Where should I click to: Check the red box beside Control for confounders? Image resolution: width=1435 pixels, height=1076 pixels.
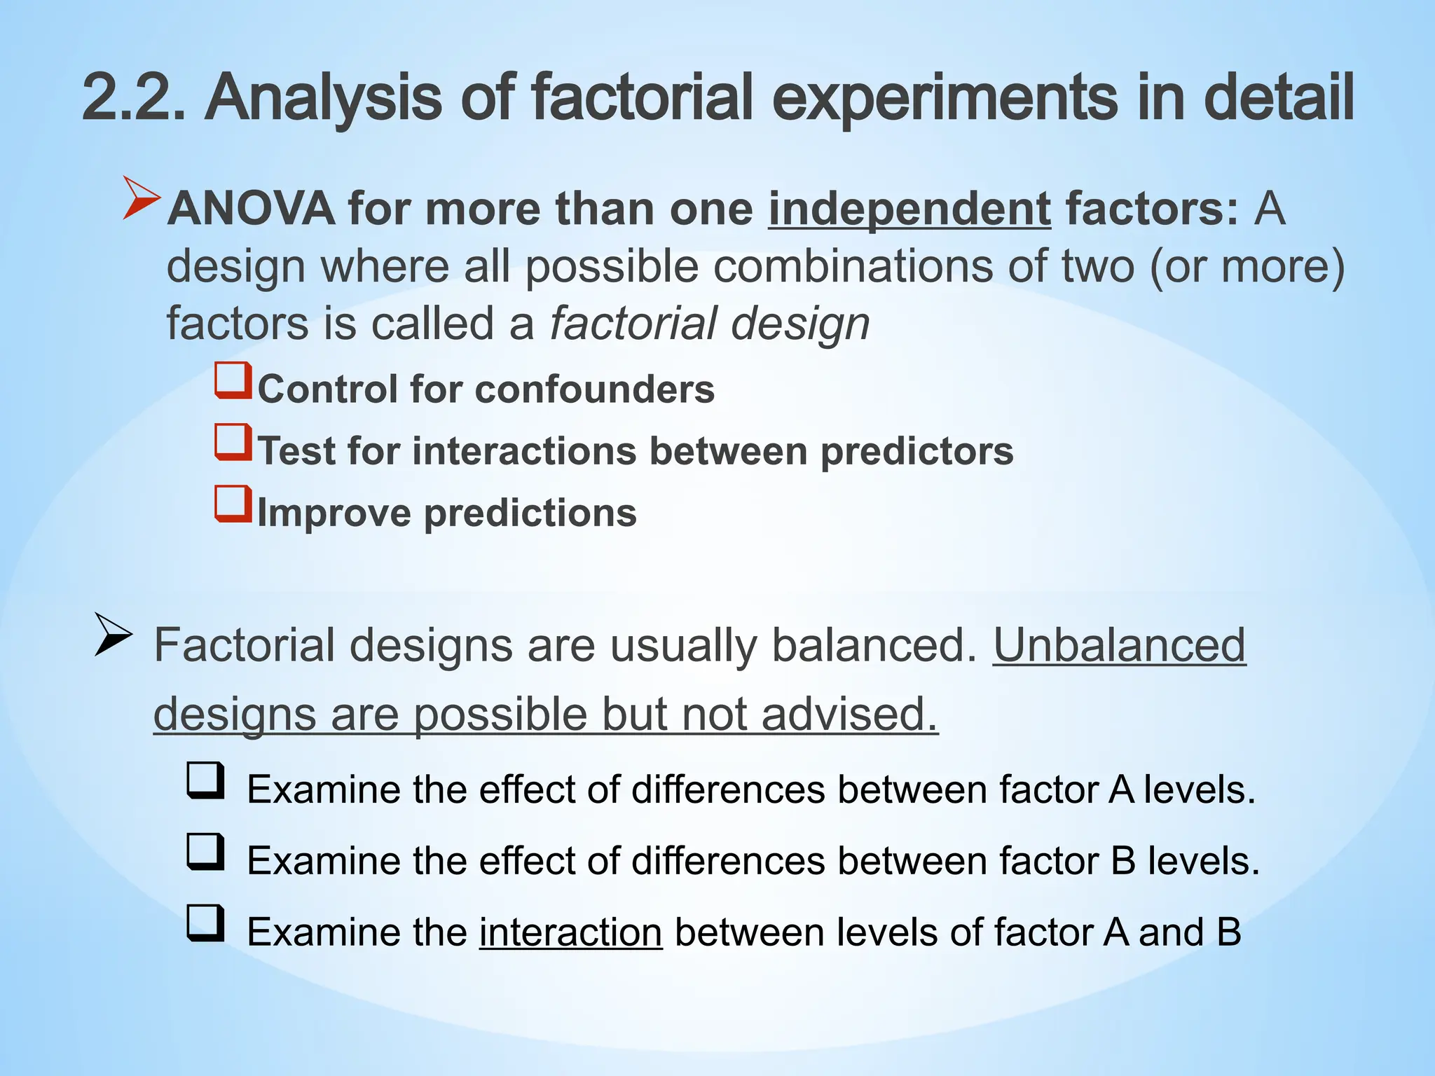[x=233, y=380]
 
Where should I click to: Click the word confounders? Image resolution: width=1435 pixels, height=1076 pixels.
[x=595, y=389]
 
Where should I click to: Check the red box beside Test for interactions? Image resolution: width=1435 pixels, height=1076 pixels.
[x=233, y=442]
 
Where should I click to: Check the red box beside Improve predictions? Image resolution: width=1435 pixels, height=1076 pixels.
[x=233, y=504]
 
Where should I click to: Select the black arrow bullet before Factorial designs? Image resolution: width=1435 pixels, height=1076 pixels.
[x=113, y=635]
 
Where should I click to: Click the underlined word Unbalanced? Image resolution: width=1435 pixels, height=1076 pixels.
[x=1119, y=644]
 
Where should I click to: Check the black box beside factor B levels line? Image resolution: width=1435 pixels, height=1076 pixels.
[x=205, y=852]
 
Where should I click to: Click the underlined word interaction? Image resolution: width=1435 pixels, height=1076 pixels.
[x=570, y=932]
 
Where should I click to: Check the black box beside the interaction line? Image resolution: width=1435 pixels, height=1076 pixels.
[x=205, y=923]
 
